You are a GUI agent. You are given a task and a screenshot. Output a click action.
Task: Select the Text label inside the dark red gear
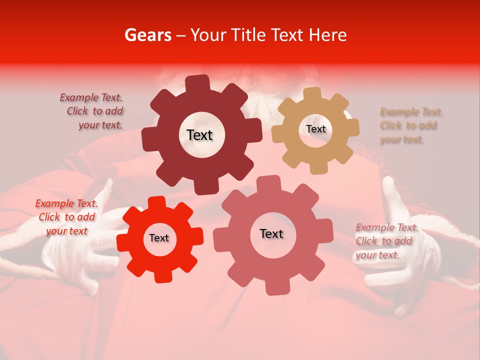(x=199, y=135)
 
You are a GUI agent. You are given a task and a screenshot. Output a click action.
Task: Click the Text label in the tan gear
(x=315, y=129)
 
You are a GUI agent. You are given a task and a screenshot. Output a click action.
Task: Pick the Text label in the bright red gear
(x=159, y=238)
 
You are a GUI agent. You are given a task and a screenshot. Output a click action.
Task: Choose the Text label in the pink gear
(x=271, y=234)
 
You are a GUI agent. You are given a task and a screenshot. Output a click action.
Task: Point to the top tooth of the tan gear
(x=312, y=93)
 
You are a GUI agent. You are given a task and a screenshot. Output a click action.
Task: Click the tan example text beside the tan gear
(x=410, y=125)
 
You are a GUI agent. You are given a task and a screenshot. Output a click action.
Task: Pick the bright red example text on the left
(x=66, y=217)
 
